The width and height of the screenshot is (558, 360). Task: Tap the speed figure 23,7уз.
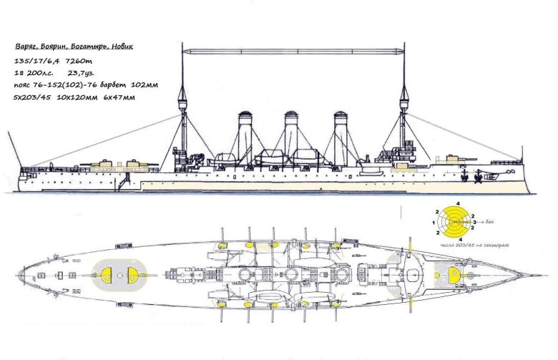[x=104, y=73]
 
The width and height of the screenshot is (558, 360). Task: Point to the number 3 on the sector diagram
[x=475, y=223]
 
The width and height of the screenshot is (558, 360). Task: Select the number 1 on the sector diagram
[x=436, y=223]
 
